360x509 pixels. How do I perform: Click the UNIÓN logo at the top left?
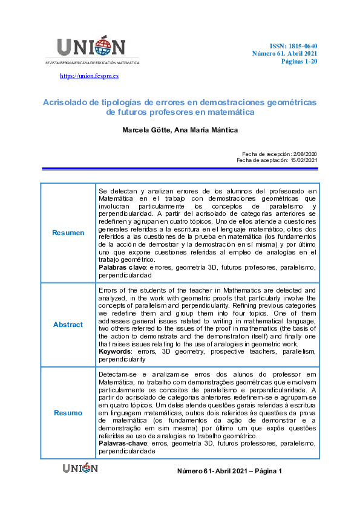coord(91,48)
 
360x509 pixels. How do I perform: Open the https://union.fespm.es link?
coord(90,76)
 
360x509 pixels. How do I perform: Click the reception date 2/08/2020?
coord(304,154)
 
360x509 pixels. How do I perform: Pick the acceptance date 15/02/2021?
coord(303,160)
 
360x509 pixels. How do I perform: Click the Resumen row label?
coord(68,233)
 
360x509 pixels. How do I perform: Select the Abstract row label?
coord(68,325)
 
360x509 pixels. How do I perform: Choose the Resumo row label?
coord(68,413)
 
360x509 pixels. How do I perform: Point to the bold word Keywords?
coord(116,352)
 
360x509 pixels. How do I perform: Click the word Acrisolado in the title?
coord(65,102)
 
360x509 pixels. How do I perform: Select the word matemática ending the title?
coord(229,112)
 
